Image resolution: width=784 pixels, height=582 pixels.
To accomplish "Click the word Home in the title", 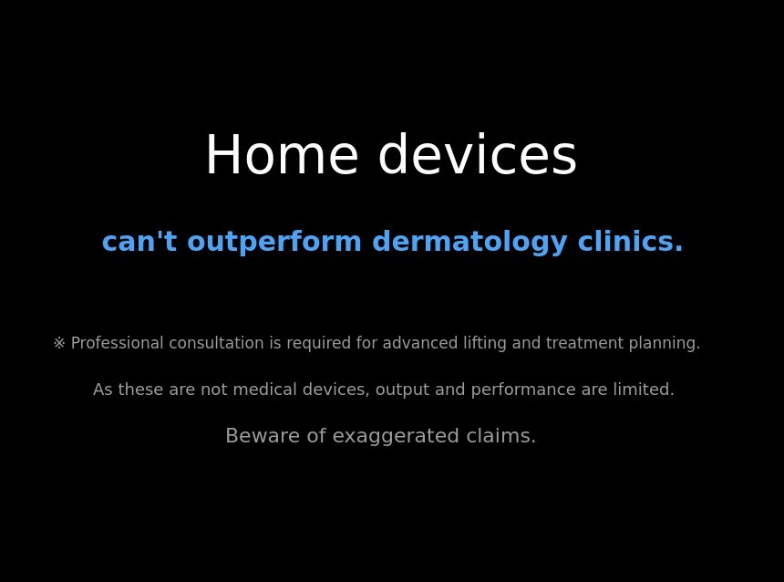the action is click(283, 154).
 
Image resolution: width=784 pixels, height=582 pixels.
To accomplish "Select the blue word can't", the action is click(139, 241).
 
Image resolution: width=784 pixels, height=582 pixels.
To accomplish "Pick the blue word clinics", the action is click(630, 241).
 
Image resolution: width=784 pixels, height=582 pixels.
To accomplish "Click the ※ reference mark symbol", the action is click(59, 343).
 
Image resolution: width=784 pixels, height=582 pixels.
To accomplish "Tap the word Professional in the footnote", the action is click(117, 343).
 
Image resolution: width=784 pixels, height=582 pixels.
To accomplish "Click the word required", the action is click(318, 344).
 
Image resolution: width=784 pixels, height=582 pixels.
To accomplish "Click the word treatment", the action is click(584, 343).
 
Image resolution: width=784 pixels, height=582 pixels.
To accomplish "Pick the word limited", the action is click(644, 390).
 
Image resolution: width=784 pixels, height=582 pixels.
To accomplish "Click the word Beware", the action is click(263, 435).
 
